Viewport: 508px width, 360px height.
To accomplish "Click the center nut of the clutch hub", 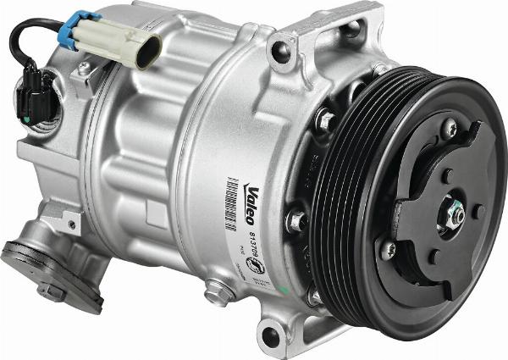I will [x=455, y=216].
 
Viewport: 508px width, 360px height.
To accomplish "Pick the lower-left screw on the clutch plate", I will [x=388, y=250].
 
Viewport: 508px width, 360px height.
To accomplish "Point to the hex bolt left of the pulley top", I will [x=326, y=121].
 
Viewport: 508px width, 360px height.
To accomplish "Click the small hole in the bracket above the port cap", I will [x=70, y=223].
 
